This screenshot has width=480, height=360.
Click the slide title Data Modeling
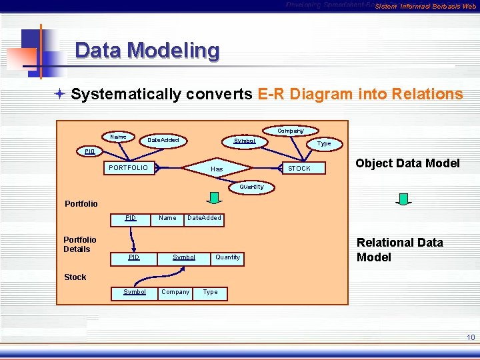tap(147, 51)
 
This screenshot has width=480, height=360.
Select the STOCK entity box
tap(299, 169)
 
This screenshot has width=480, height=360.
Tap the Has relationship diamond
tap(217, 169)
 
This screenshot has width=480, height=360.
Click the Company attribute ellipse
tap(291, 131)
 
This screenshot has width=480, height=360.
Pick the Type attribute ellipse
tap(324, 143)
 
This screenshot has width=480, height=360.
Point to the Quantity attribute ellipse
tap(251, 187)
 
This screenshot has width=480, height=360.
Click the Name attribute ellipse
tap(118, 137)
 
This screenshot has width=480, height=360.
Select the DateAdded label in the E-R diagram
tap(163, 141)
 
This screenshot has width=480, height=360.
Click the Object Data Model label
tap(407, 163)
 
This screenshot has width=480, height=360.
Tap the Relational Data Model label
tap(399, 250)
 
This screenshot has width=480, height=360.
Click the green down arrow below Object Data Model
tap(403, 199)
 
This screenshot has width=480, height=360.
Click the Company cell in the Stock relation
tap(175, 292)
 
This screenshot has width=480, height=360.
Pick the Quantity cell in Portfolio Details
tap(227, 257)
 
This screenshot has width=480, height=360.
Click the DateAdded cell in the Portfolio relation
tap(204, 218)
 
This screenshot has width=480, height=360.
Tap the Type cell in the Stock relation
tap(210, 292)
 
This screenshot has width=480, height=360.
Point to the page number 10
tap(471, 338)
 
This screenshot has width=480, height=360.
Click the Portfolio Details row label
tap(79, 244)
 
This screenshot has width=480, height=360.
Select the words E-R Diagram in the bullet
tap(305, 94)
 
